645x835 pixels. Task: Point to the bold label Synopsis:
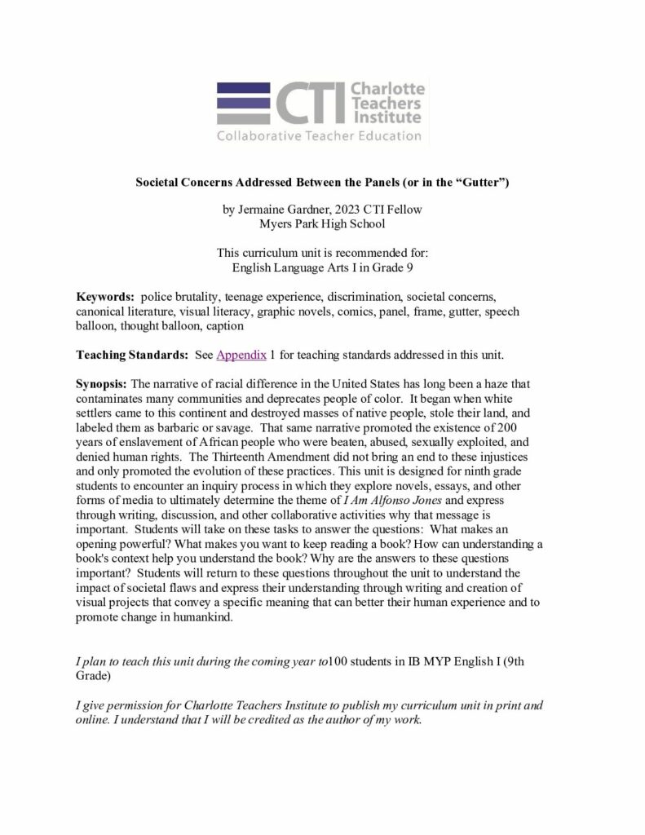[x=102, y=383]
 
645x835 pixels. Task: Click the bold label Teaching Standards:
[x=132, y=356]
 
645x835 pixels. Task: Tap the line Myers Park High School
[x=322, y=223]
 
